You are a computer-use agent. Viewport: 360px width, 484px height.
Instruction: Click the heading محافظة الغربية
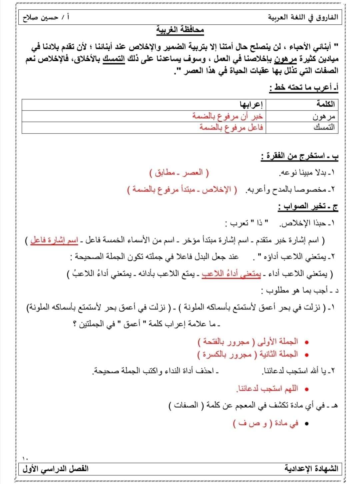point(180,31)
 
